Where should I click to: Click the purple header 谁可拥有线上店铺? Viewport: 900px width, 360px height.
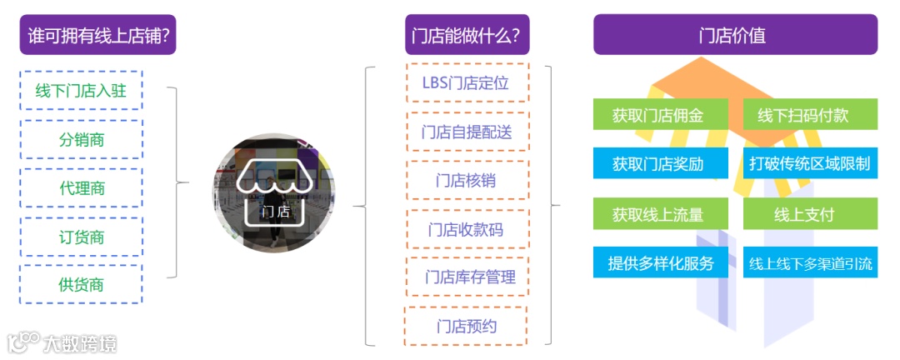click(x=97, y=35)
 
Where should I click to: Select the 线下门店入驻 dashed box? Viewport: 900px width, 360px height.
click(x=81, y=91)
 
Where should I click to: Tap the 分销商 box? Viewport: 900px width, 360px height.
click(x=81, y=139)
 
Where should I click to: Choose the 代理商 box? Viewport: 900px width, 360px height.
click(x=81, y=188)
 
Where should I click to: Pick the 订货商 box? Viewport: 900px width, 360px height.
click(x=81, y=237)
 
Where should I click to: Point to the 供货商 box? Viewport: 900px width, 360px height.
click(x=81, y=285)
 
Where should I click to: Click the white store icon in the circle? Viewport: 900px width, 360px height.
click(x=274, y=193)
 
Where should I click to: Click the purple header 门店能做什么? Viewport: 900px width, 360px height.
click(x=466, y=35)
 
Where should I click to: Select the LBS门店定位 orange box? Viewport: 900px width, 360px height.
click(x=466, y=82)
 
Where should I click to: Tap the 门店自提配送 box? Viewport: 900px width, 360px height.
click(x=466, y=132)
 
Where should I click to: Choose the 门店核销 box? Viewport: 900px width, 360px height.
click(x=466, y=180)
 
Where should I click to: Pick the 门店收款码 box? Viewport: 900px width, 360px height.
click(x=466, y=228)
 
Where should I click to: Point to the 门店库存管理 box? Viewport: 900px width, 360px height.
click(x=466, y=277)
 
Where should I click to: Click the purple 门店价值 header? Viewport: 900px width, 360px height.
click(x=734, y=35)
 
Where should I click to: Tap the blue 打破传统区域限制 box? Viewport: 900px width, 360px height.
click(x=810, y=163)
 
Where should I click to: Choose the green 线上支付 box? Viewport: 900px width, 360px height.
click(x=810, y=213)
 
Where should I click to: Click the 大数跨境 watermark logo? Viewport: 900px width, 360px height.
click(x=62, y=342)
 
